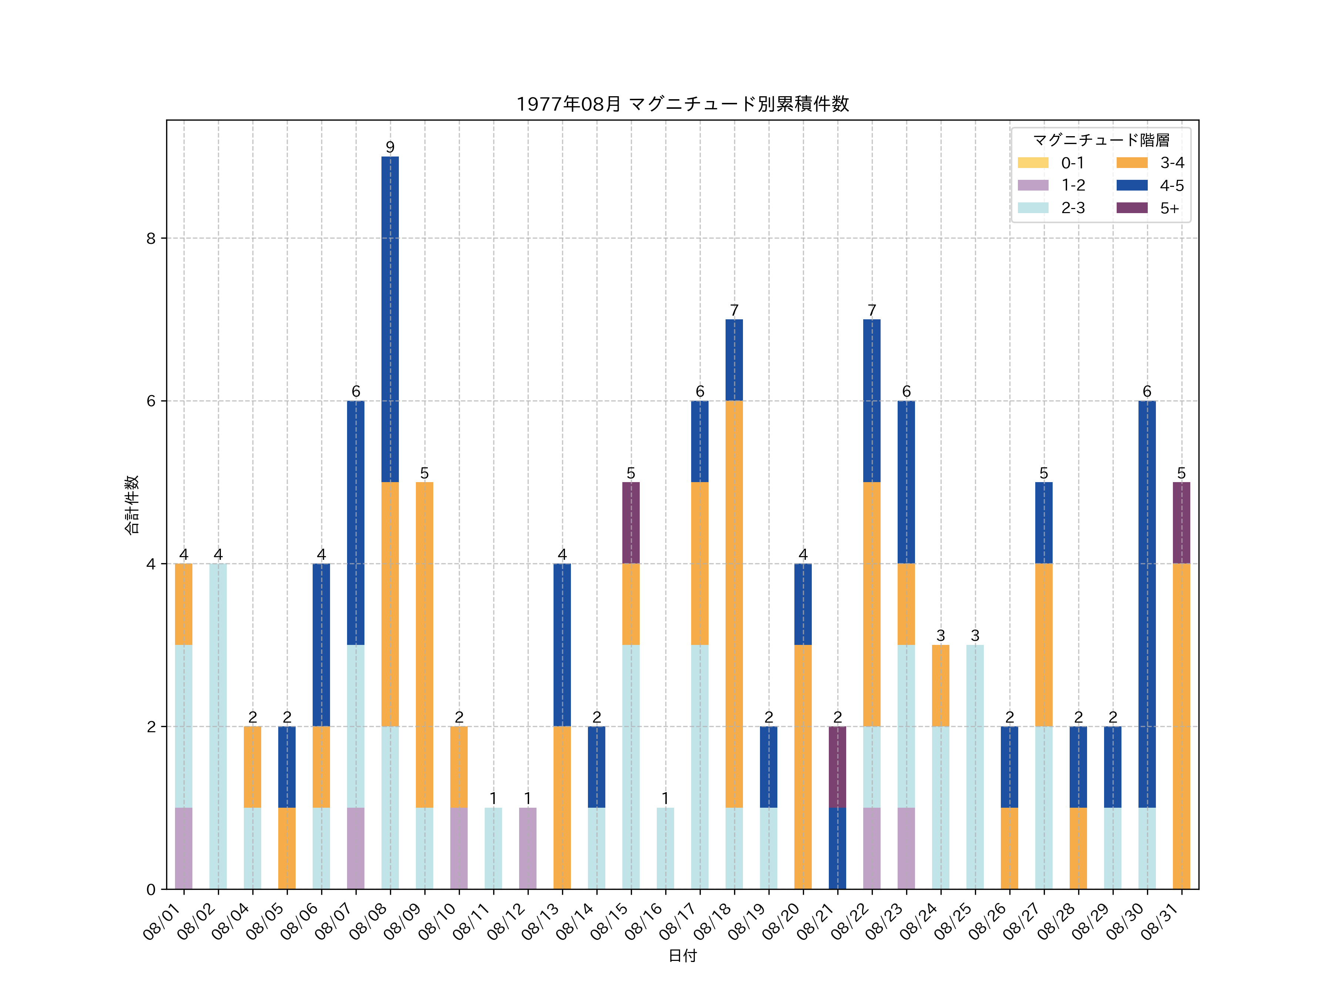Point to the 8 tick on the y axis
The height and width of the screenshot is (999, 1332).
[x=151, y=238]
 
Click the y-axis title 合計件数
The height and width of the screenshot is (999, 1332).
[x=132, y=505]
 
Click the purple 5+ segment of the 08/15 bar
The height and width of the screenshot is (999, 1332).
[x=631, y=523]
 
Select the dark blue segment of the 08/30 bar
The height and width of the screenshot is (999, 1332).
[x=1147, y=604]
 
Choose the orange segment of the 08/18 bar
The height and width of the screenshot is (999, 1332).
[x=734, y=604]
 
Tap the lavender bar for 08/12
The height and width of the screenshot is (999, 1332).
[x=528, y=848]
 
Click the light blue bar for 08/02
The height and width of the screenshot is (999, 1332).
[x=218, y=726]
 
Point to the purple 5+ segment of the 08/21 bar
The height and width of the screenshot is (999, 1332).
[x=837, y=767]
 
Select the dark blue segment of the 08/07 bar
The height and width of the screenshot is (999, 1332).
[x=356, y=523]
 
